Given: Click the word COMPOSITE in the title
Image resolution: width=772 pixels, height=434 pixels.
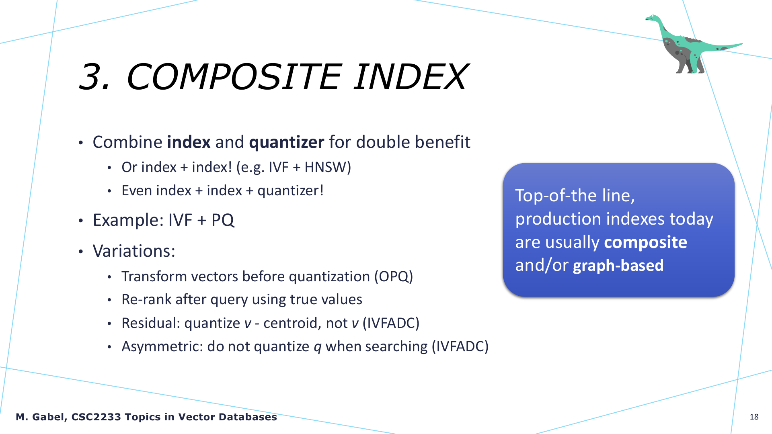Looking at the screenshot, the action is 234,76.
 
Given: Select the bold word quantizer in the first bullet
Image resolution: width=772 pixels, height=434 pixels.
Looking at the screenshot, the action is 287,142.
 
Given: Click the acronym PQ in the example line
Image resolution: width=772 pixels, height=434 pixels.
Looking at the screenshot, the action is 223,220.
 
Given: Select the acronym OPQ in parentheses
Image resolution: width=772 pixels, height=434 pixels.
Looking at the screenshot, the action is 394,276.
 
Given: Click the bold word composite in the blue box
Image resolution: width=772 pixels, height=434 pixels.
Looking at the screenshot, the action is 645,242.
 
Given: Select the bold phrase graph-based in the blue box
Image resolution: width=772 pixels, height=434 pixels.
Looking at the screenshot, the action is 618,266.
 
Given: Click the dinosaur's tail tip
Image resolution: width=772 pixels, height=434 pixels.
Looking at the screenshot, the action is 741,44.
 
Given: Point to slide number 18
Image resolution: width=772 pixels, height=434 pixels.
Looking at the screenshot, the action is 754,417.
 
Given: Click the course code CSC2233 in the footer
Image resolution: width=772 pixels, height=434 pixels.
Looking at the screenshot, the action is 96,417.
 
